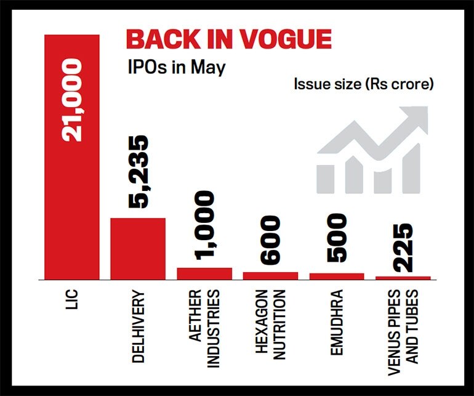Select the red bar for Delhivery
[x=138, y=249]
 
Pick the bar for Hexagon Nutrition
[x=271, y=275]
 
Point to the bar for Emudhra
[x=337, y=276]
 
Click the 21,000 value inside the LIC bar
[x=72, y=101]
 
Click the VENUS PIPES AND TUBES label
[x=403, y=326]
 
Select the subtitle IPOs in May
[x=177, y=67]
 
